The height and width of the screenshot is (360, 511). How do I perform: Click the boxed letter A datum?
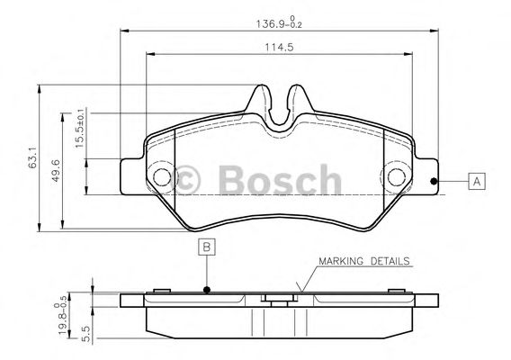477,181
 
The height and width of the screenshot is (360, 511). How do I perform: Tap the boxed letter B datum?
206,247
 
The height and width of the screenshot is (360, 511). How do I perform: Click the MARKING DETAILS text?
365,262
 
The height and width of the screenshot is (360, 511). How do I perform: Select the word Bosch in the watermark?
275,180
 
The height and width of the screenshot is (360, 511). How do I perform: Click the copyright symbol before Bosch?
188,179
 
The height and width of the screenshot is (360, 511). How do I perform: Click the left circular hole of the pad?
162,177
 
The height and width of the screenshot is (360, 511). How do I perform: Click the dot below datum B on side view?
206,290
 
